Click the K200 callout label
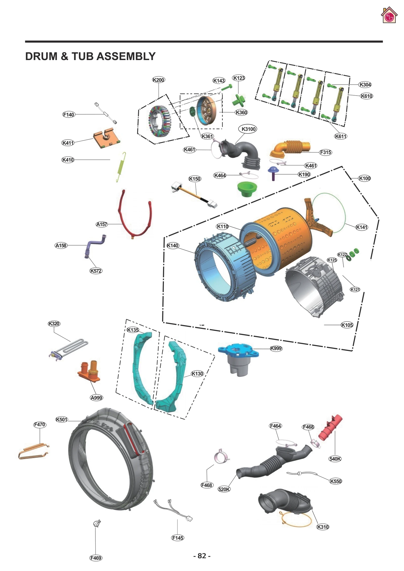click(158, 80)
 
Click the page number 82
click(202, 556)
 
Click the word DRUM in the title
click(41, 56)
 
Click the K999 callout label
click(276, 348)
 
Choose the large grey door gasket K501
click(111, 459)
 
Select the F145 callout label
click(178, 538)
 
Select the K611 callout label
click(340, 136)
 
